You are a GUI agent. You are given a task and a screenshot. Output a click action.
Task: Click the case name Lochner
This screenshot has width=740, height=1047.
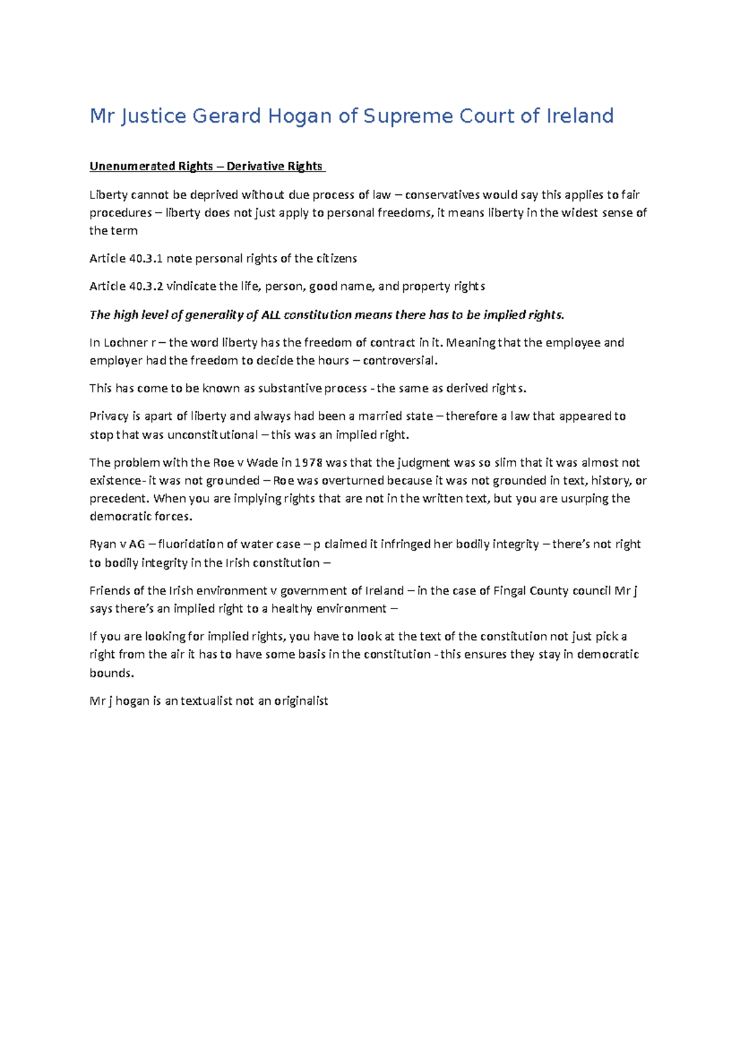(x=126, y=343)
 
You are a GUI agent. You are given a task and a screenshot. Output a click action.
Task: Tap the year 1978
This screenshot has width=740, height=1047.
(x=308, y=462)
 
